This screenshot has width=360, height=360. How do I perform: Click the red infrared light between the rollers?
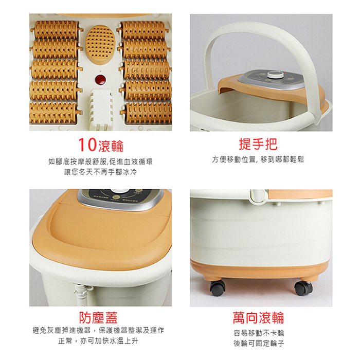100,80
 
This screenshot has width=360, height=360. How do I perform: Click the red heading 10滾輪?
101,145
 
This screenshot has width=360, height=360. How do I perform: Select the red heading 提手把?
258,144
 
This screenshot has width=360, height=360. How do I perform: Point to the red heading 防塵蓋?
98,317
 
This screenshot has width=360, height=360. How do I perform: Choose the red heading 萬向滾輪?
259,317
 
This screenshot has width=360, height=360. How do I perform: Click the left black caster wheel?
217,287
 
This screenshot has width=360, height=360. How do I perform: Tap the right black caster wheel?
303,287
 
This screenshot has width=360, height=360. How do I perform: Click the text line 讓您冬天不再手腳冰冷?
101,172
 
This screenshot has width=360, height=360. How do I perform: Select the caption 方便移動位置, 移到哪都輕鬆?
258,159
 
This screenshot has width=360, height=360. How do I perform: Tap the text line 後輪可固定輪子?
259,343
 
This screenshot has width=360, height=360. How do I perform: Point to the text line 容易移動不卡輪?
259,333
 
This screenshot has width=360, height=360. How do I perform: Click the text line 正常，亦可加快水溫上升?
98,340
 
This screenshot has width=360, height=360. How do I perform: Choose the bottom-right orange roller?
147,113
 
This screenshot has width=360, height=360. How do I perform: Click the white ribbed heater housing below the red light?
101,108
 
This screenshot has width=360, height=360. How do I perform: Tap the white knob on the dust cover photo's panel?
119,192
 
